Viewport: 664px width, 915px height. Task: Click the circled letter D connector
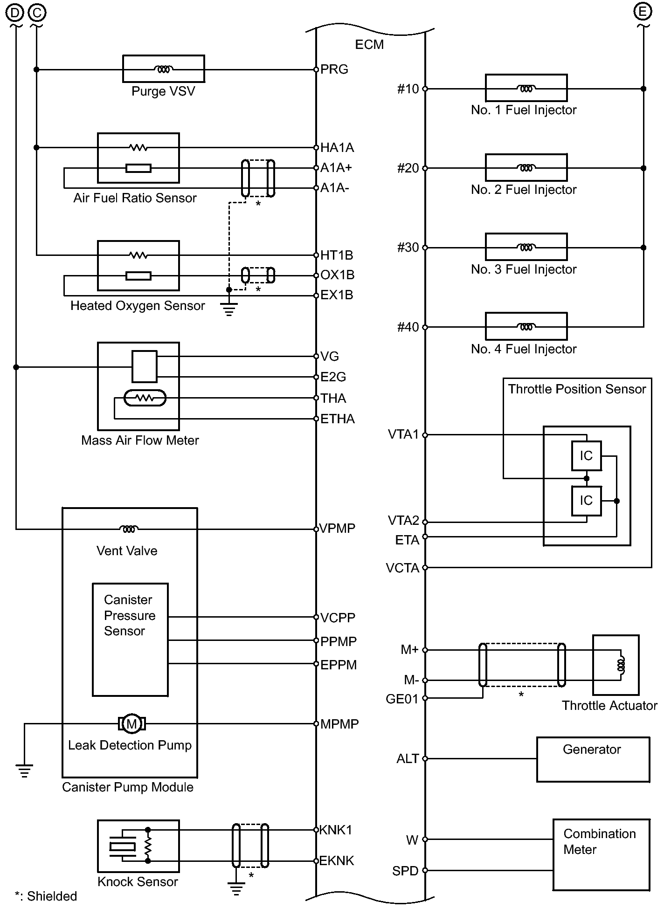15,13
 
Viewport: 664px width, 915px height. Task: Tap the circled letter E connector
643,12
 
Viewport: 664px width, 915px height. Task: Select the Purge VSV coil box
163,69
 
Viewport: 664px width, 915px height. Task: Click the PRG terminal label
334,69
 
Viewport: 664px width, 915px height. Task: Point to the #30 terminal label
408,248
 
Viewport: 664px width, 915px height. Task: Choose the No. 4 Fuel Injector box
526,326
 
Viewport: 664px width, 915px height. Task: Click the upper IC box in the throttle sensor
586,455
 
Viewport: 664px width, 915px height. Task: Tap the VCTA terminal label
402,568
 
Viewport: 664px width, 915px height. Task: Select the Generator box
593,759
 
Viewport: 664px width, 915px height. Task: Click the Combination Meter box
601,855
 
